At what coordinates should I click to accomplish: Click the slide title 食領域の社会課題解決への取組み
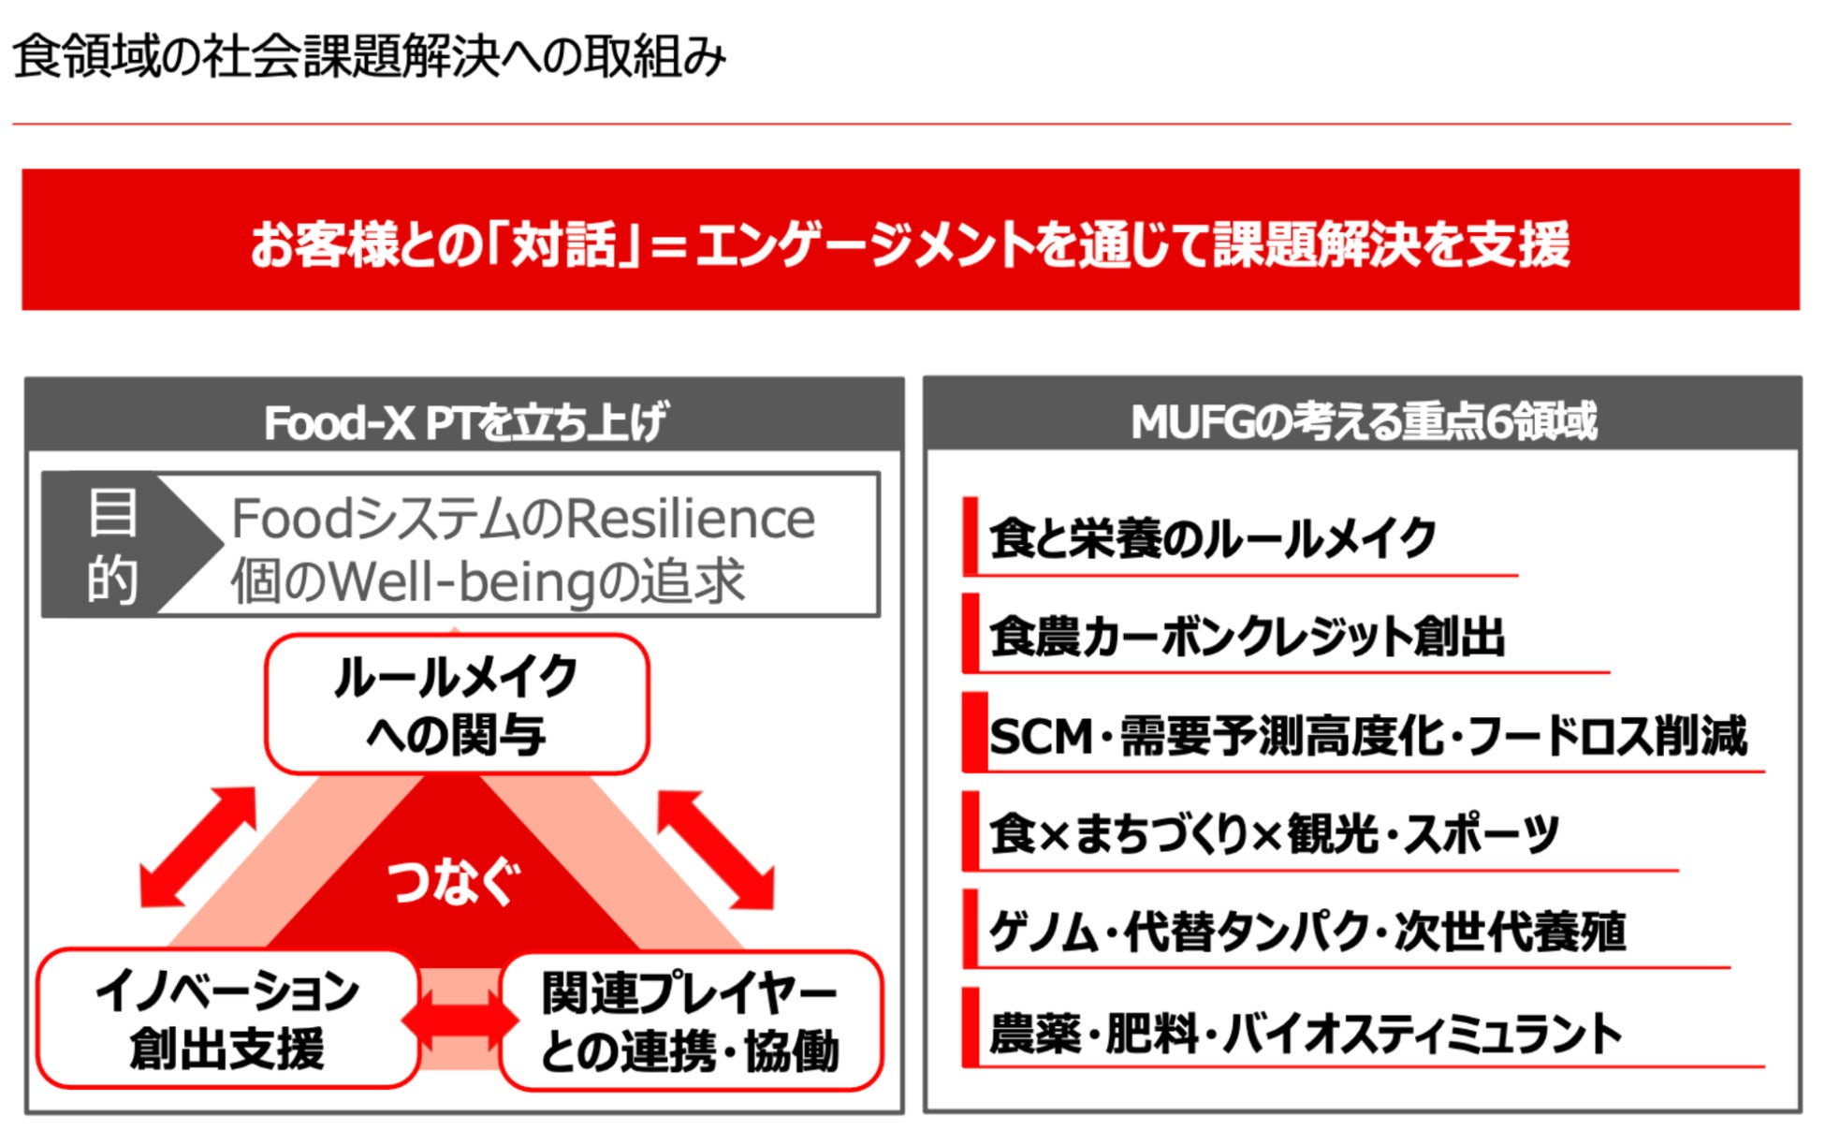coord(369,56)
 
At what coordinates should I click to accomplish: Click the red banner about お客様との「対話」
coord(910,241)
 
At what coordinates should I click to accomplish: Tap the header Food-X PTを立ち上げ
coord(464,421)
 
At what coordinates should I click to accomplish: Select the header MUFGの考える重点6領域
coord(1363,420)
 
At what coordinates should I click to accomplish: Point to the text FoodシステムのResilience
coord(522,518)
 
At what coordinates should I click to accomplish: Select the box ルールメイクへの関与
coord(457,704)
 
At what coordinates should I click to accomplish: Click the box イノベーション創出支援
coord(226,1020)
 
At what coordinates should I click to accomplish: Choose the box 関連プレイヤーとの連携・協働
coord(691,1021)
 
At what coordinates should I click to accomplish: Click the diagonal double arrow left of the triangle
coord(197,846)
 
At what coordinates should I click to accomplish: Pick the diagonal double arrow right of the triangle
coord(716,849)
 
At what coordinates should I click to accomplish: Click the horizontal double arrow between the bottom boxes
coord(460,1020)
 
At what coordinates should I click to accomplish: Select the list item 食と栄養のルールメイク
coord(1212,538)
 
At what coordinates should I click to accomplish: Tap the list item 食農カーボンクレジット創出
coord(1247,637)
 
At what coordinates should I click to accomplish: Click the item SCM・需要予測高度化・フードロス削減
coord(1366,736)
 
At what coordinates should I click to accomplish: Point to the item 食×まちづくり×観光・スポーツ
coord(1273,833)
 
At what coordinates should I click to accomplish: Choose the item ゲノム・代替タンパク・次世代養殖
coord(1307,932)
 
